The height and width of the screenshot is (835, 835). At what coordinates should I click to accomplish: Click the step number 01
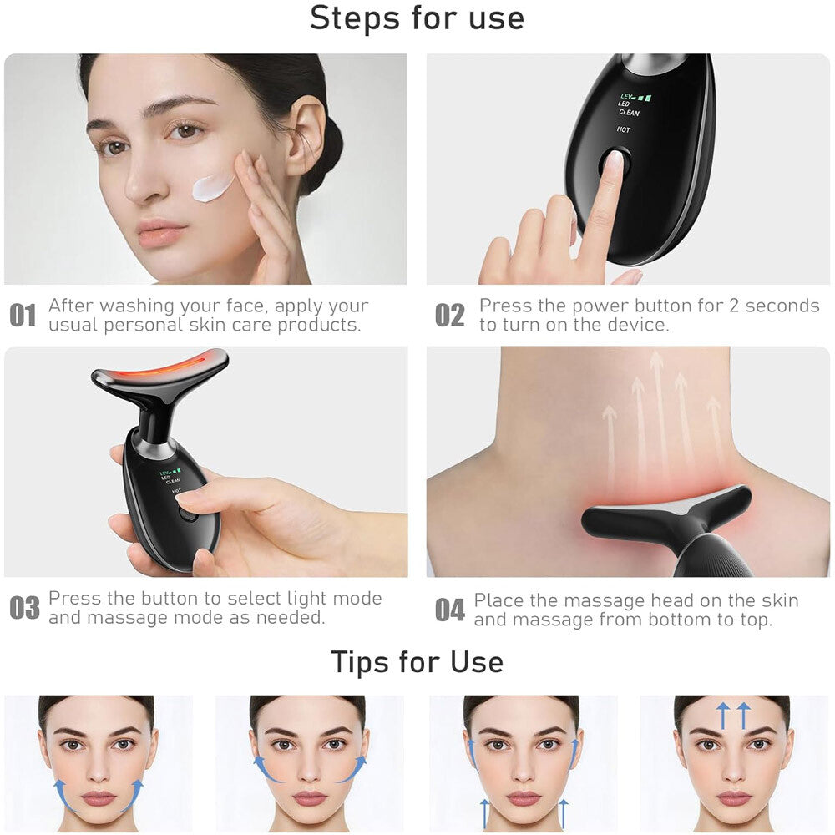coord(23,316)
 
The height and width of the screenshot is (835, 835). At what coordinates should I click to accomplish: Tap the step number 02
coord(450,316)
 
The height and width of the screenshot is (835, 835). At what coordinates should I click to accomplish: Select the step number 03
coord(24,609)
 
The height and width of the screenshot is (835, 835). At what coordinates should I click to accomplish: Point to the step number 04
coord(450,610)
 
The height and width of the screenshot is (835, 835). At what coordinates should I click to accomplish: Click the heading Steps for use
coord(417,18)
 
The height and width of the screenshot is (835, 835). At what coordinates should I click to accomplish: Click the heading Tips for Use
coord(417,662)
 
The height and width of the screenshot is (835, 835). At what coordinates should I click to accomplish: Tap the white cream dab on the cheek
coord(213,186)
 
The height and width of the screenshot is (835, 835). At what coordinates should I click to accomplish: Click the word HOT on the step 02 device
coord(624,129)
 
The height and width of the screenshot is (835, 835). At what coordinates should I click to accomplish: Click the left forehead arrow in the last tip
coord(723,716)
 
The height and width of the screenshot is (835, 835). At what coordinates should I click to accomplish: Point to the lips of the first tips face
coord(99,798)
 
